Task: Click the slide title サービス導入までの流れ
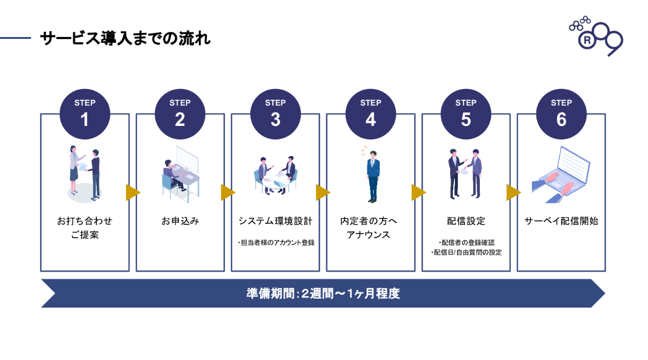125,38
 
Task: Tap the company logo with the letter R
595,36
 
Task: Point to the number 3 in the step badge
275,120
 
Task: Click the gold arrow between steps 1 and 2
132,192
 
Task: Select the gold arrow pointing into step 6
513,192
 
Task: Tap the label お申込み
180,221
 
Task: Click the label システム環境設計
275,221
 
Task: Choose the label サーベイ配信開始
561,221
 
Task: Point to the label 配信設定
466,221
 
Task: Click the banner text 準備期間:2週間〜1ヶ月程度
323,293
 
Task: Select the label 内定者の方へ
371,221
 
